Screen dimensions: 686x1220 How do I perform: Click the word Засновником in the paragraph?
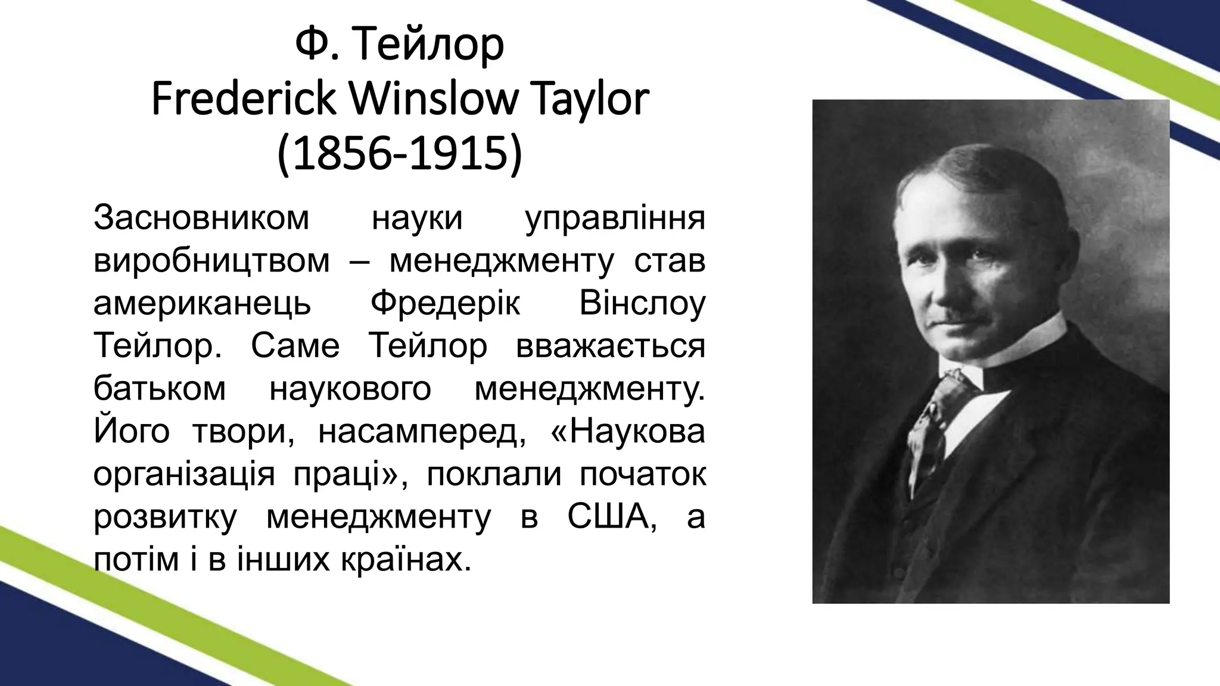tap(201, 217)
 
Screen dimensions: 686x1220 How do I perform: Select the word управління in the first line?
tap(615, 217)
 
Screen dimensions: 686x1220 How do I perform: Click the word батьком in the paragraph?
tap(160, 389)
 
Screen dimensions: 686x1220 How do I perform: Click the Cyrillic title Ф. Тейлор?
tap(400, 46)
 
